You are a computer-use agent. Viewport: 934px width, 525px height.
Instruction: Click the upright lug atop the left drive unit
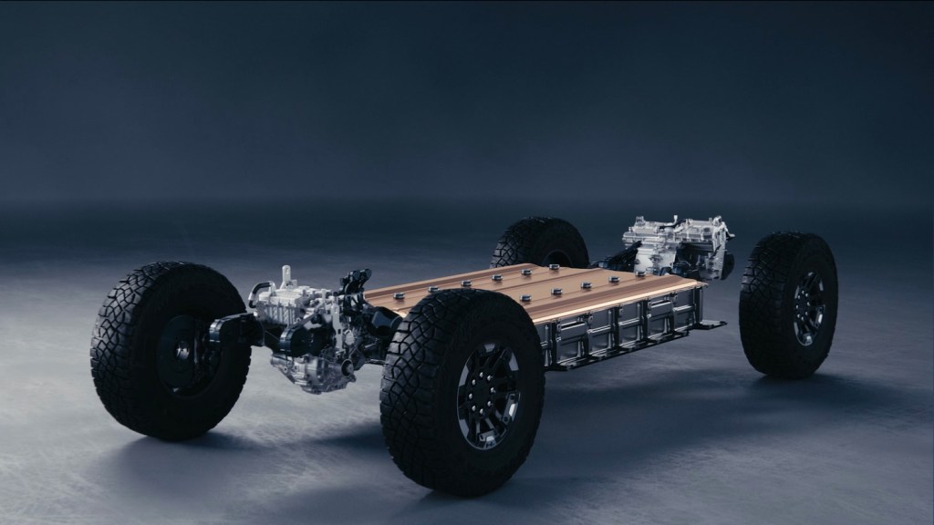tap(286, 274)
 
